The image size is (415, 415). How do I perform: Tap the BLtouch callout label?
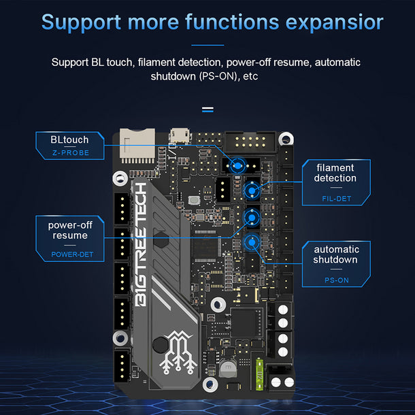coord(69,139)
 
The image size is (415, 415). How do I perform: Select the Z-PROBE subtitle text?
coord(69,153)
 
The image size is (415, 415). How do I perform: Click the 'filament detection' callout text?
coord(335,172)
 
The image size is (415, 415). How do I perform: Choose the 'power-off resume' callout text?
coord(70,230)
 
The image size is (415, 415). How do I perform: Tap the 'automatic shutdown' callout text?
coord(335,254)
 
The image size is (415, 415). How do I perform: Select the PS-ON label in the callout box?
coord(335,279)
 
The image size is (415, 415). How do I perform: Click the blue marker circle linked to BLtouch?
coord(237,165)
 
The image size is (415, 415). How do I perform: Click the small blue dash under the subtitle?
coord(207,108)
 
